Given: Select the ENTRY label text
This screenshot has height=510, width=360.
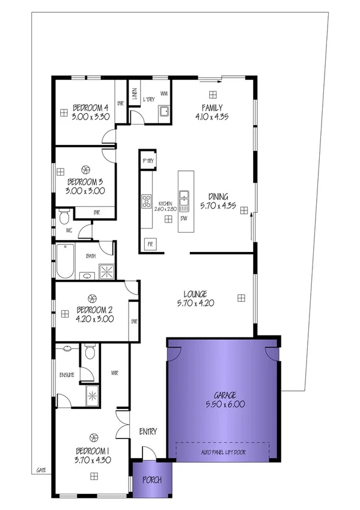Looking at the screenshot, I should coord(148,431).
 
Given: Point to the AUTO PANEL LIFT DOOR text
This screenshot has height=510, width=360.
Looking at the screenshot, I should coord(222,452).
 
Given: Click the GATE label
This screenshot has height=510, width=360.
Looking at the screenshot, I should coord(41,470).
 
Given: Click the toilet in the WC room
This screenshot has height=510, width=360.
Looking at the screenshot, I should coord(64,215).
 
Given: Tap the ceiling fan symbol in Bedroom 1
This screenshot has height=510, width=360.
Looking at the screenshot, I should coord(94,437).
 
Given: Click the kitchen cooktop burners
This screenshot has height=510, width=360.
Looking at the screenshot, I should coord(146,201).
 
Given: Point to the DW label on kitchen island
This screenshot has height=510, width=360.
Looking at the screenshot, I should coord(184,218).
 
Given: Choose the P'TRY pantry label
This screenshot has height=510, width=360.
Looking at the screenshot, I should coord(147,161).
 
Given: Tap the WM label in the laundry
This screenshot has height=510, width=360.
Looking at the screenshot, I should coord(163,93).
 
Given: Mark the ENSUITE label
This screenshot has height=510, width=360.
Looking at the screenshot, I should coord(66,375).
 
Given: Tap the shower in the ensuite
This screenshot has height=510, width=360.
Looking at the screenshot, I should coord(92,394).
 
